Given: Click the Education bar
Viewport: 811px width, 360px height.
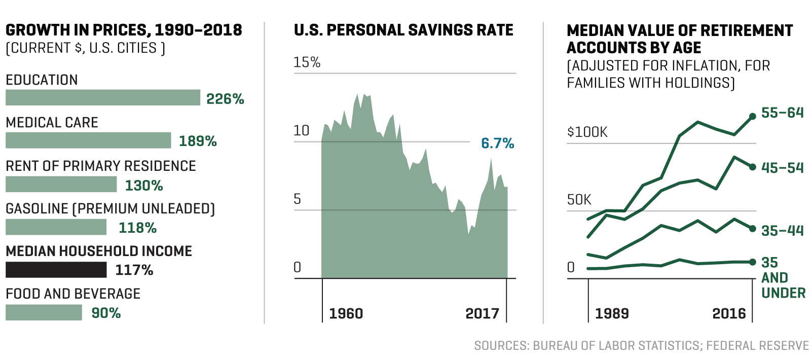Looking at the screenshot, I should [103, 98].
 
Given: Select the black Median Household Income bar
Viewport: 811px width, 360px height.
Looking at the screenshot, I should [56, 270].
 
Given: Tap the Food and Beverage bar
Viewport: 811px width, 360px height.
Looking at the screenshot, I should [44, 312].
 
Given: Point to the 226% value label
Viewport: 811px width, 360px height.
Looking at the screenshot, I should [225, 99].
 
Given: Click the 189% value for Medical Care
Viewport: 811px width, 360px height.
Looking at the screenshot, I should [198, 141].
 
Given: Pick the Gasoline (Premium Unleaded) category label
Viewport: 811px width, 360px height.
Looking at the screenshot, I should [110, 209].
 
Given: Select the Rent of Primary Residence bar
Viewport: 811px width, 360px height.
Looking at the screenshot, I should [61, 185].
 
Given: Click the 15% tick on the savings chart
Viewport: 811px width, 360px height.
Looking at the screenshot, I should [307, 62].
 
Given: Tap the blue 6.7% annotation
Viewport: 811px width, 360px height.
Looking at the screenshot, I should [497, 143].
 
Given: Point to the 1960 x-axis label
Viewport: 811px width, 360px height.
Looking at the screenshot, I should [346, 313].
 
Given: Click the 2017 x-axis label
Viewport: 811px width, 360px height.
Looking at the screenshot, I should [482, 313].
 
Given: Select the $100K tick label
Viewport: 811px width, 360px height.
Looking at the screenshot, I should [587, 132].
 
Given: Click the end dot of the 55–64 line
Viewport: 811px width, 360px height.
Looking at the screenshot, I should [753, 116].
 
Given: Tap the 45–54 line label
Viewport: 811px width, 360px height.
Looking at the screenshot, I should [782, 168].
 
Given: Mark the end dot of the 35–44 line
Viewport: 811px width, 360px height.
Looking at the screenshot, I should [753, 229].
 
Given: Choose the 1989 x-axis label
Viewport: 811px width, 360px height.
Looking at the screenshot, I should [612, 313].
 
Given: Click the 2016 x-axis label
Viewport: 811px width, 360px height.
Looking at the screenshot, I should [729, 313].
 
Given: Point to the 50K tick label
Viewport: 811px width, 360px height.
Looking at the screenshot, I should [579, 200].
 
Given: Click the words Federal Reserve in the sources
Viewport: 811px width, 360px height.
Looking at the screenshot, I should [757, 346].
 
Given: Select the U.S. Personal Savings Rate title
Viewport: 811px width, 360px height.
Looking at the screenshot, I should [403, 30].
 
